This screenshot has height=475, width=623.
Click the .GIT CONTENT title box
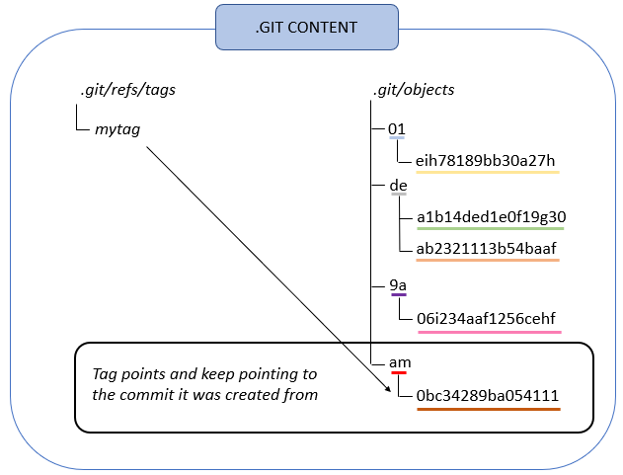[306, 27]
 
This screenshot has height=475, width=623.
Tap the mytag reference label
[118, 129]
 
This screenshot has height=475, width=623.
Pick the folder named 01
[397, 129]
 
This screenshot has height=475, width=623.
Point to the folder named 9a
[398, 285]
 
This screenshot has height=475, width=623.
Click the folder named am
[400, 363]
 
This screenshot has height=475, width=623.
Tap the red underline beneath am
[399, 373]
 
